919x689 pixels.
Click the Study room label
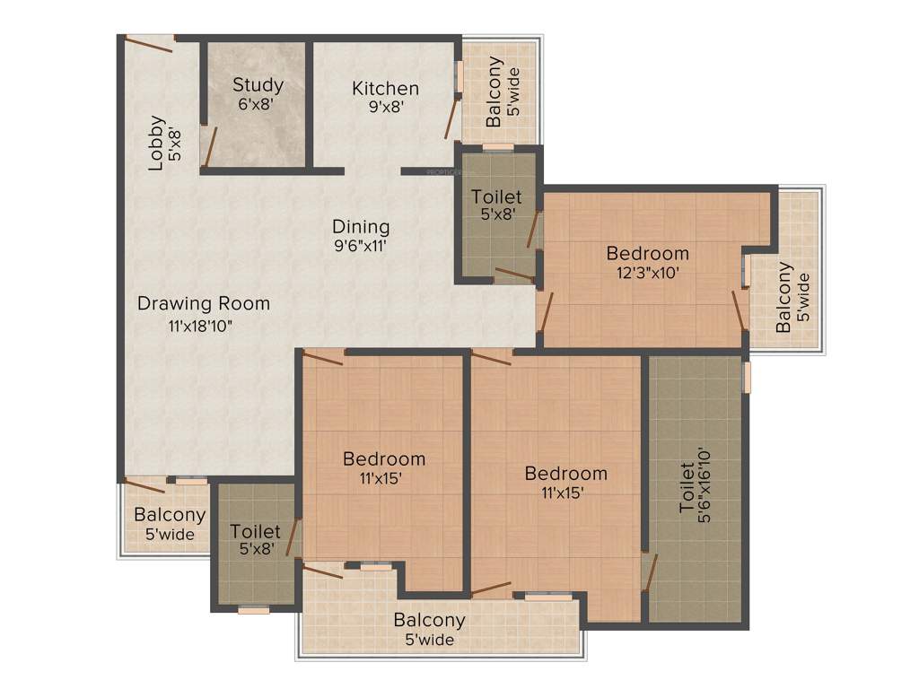[258, 85]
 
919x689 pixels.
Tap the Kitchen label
[385, 88]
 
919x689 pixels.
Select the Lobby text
[157, 143]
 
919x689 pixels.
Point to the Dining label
[361, 226]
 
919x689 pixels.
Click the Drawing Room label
[203, 303]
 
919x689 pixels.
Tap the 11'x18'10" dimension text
[200, 326]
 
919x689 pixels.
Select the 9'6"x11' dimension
[360, 247]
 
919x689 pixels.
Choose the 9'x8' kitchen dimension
[385, 107]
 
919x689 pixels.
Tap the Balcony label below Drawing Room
[170, 515]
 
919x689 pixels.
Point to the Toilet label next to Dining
[496, 196]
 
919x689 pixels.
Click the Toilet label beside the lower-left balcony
[255, 531]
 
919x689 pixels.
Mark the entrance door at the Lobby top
[149, 41]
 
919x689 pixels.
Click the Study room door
[208, 147]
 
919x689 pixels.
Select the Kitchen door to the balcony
[451, 117]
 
